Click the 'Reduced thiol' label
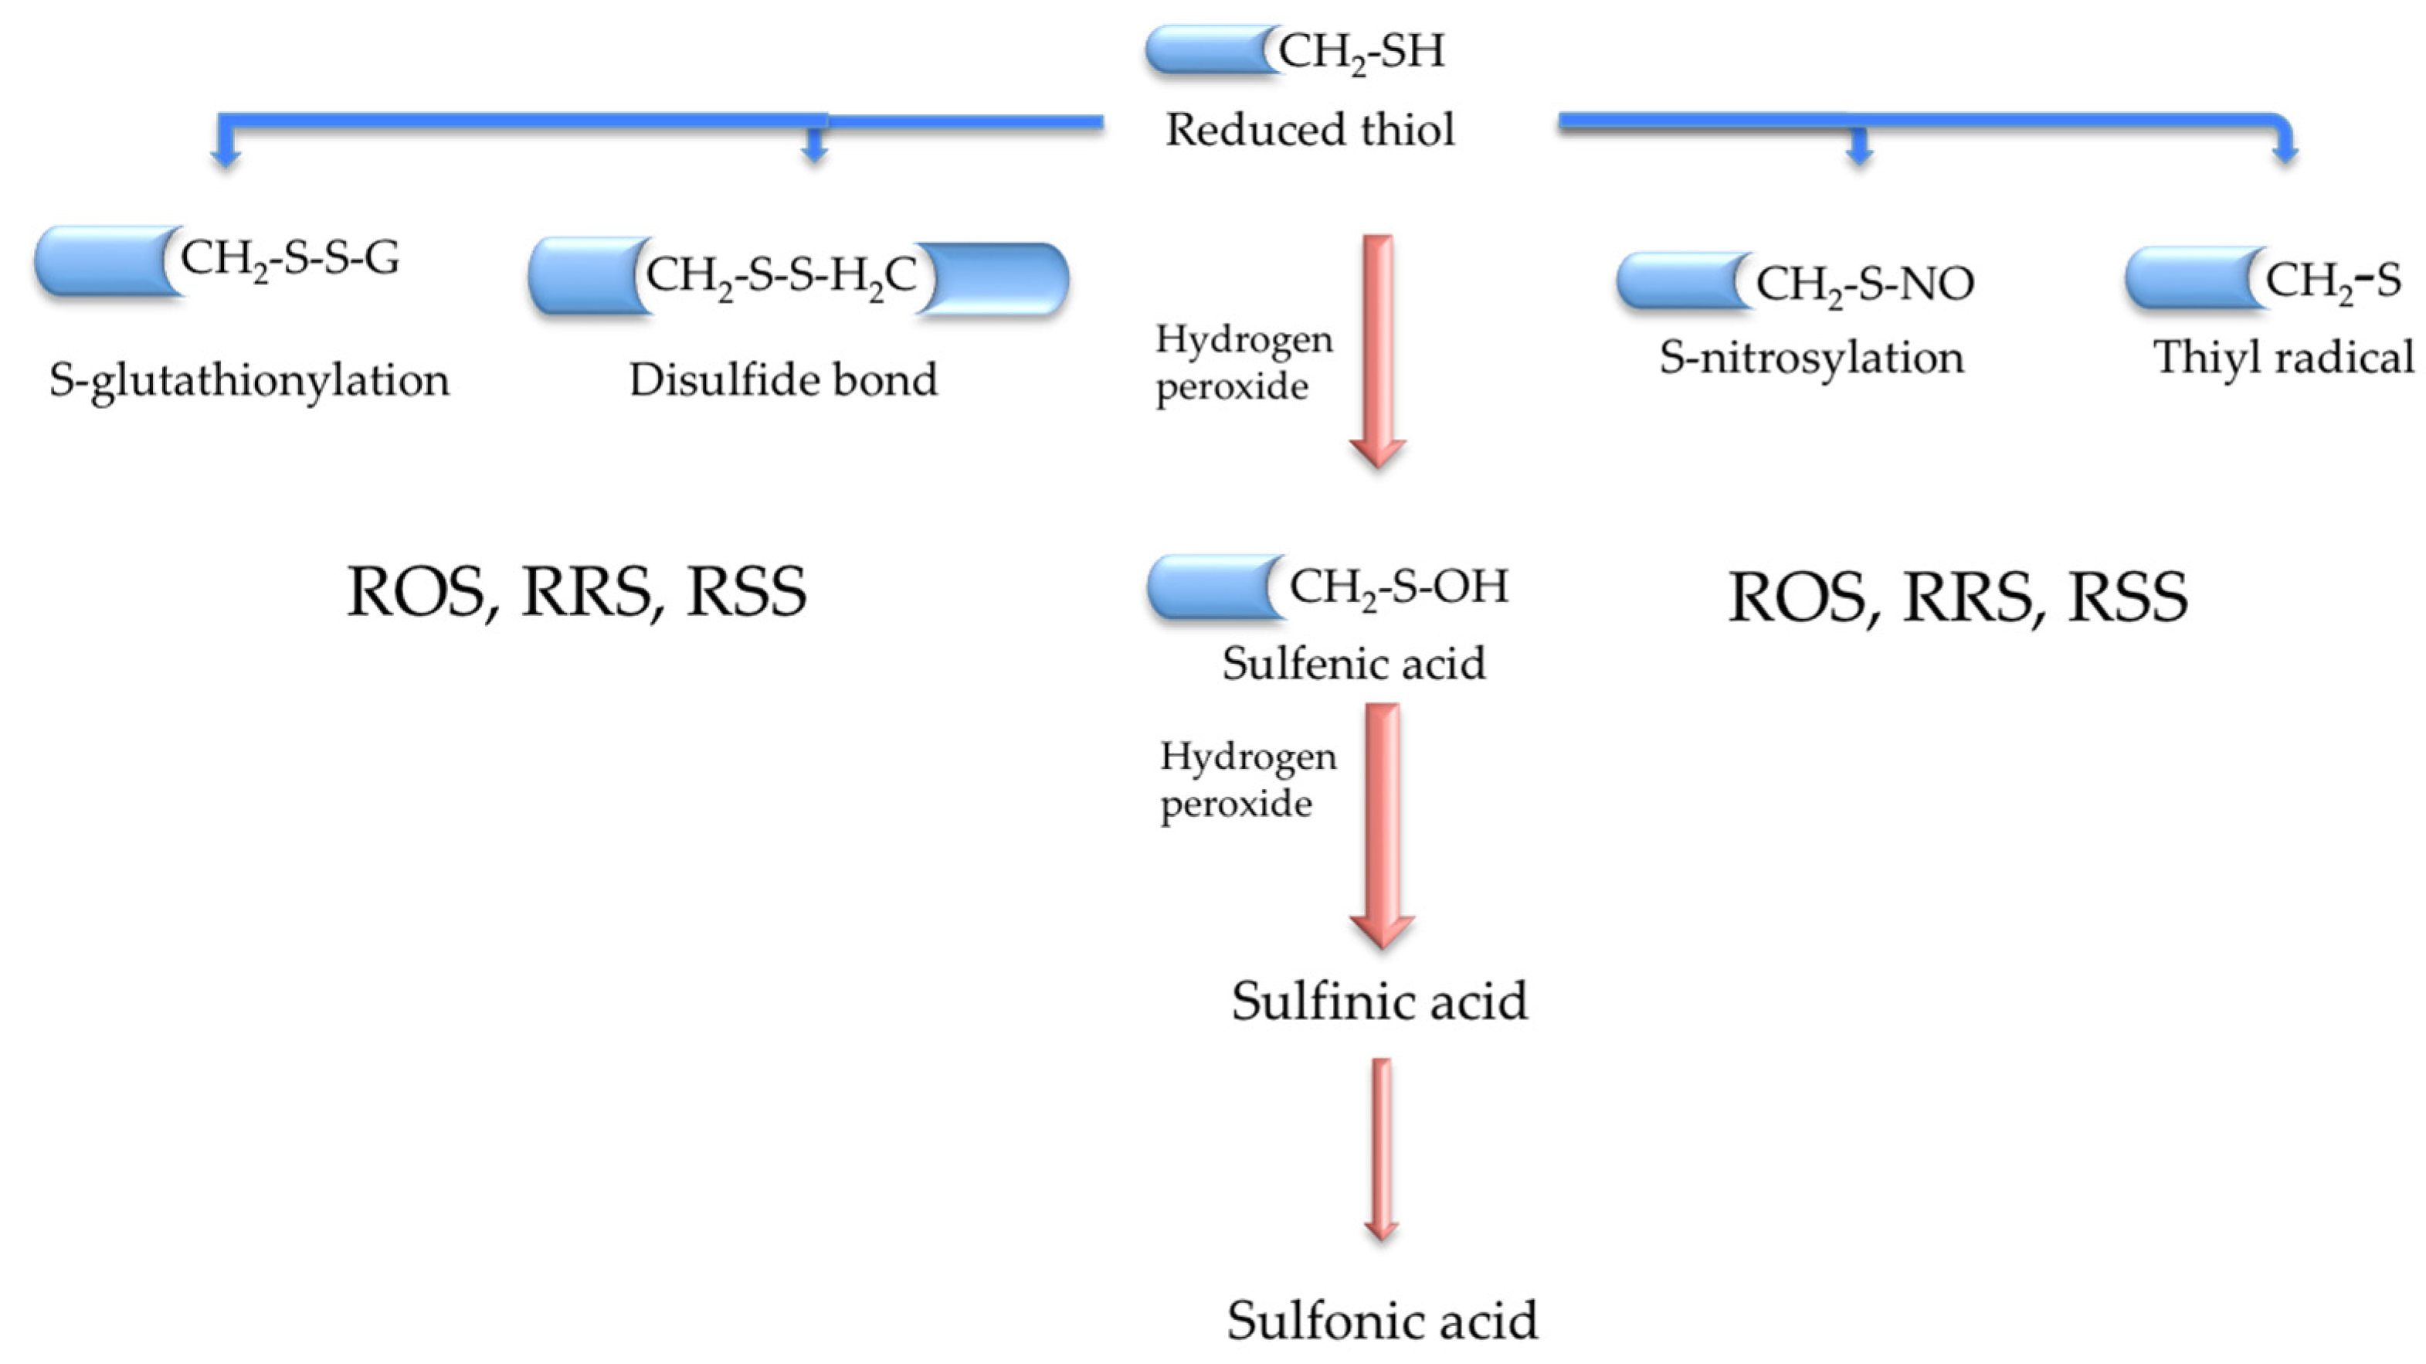tap(1309, 130)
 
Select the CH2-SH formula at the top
tap(1361, 51)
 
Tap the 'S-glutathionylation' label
tap(249, 380)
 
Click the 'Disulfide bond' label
tap(783, 380)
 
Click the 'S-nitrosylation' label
tap(1811, 358)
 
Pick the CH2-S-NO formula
tap(1864, 284)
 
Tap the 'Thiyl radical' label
tap(2283, 358)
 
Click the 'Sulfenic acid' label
tap(1354, 663)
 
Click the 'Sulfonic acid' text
tap(1382, 1320)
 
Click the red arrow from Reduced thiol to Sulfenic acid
tap(1378, 349)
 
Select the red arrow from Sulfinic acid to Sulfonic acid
tap(1381, 1149)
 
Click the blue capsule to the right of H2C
tap(993, 279)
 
